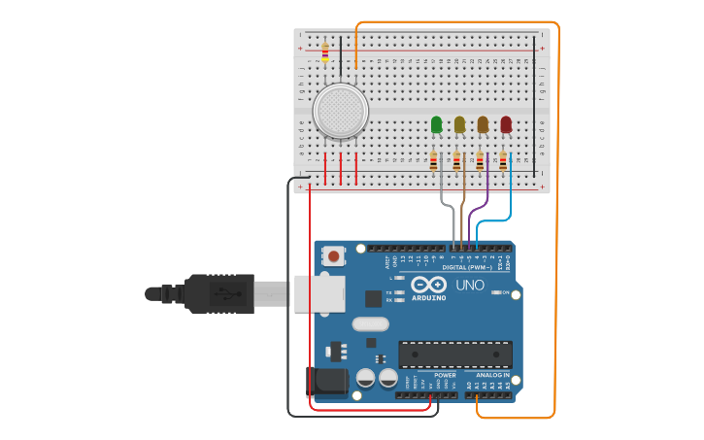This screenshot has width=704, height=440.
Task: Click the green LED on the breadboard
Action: point(436,124)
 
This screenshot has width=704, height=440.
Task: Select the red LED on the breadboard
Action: point(506,124)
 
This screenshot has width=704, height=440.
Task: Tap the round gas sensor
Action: point(341,111)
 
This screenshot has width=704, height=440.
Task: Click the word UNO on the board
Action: point(470,286)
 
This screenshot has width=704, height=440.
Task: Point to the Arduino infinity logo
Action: point(428,285)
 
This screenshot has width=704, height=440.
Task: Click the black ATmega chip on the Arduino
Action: point(454,354)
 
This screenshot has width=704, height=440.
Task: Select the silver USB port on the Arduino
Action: point(318,293)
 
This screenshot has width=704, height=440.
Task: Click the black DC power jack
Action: point(326,382)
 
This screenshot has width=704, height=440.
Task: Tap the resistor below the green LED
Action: point(433,161)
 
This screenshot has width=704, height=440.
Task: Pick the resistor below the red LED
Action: point(503,161)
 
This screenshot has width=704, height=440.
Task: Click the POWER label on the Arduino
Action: point(445,375)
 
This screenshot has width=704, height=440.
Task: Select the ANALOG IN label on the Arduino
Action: point(493,375)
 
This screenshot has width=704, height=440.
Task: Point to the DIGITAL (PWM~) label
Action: point(467,266)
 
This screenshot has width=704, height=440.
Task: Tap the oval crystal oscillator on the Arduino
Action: point(369,324)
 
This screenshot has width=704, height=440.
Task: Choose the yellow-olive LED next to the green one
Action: point(459,124)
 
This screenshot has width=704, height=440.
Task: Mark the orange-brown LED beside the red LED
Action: point(483,124)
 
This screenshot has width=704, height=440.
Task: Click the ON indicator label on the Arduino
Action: point(505,292)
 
